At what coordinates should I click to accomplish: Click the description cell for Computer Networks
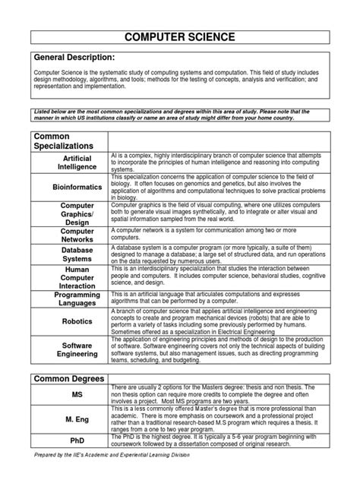click(220, 234)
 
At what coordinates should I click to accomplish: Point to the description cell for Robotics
click(220, 321)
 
